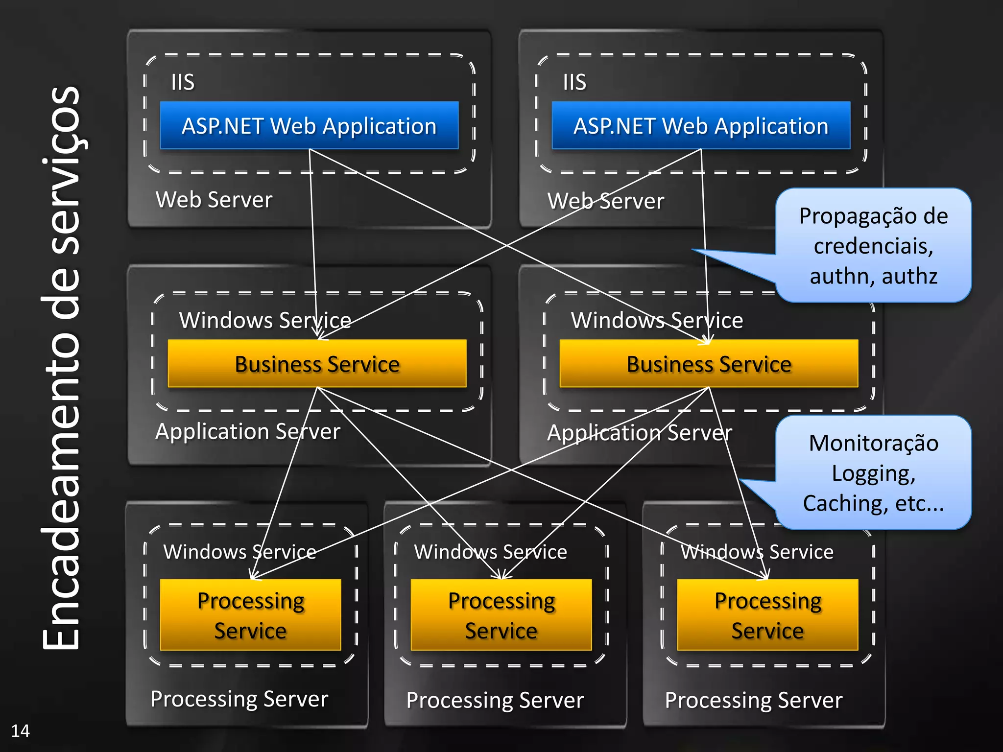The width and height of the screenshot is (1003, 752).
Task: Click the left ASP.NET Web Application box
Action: point(309,126)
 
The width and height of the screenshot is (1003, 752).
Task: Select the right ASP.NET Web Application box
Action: point(701,126)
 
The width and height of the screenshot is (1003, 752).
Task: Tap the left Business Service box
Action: point(317,364)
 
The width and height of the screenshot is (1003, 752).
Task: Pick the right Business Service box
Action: point(709,364)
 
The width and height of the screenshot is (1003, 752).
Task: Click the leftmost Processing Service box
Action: point(250,615)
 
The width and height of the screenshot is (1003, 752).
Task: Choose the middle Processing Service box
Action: point(501,615)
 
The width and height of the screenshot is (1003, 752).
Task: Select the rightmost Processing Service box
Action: point(767,615)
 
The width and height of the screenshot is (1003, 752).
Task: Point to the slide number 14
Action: point(20,730)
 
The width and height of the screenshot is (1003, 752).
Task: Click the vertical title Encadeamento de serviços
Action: point(61,367)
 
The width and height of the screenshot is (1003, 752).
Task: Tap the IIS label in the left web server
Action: point(183,82)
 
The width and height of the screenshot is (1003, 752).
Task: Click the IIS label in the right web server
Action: point(574,82)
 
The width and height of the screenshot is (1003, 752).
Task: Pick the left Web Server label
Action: point(214,200)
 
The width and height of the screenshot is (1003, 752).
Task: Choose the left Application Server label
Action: point(247,431)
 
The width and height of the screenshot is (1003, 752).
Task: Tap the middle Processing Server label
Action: point(495,700)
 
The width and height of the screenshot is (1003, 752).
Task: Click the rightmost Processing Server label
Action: point(754,700)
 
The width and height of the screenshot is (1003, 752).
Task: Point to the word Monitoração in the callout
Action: point(873,443)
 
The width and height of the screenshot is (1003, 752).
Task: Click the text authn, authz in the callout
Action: point(873,276)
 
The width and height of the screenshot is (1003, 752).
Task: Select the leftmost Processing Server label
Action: point(239,699)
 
